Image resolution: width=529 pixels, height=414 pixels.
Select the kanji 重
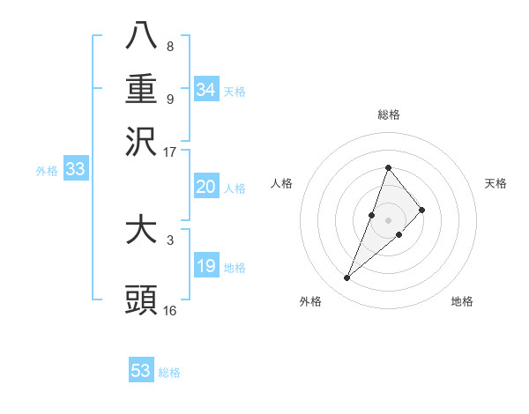pyautogui.click(x=141, y=89)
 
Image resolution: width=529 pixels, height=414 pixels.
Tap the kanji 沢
pyautogui.click(x=141, y=142)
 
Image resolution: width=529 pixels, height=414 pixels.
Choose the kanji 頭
pyautogui.click(x=141, y=300)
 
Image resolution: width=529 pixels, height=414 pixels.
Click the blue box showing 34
pyautogui.click(x=205, y=89)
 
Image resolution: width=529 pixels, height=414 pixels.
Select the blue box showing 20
pyautogui.click(x=205, y=187)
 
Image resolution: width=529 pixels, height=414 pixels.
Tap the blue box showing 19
pyautogui.click(x=205, y=266)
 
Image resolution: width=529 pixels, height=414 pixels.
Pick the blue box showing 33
pyautogui.click(x=75, y=169)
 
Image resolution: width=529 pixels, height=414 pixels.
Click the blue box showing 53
pyautogui.click(x=141, y=371)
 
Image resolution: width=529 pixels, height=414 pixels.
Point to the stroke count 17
pyautogui.click(x=170, y=152)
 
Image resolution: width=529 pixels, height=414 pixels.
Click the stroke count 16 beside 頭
pyautogui.click(x=170, y=310)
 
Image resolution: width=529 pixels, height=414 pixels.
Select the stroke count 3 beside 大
pyautogui.click(x=170, y=239)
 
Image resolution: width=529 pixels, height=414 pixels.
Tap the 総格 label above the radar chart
pyautogui.click(x=388, y=115)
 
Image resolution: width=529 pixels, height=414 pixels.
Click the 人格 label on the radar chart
pyautogui.click(x=282, y=183)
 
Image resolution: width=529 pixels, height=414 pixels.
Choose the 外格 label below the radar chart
pyautogui.click(x=310, y=302)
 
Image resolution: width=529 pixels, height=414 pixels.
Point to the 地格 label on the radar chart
pyautogui.click(x=462, y=302)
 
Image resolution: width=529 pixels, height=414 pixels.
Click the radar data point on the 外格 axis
pyautogui.click(x=347, y=278)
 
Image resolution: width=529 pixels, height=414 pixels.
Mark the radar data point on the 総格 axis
pyautogui.click(x=388, y=167)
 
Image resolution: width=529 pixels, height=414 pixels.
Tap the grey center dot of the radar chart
pyautogui.click(x=388, y=219)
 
